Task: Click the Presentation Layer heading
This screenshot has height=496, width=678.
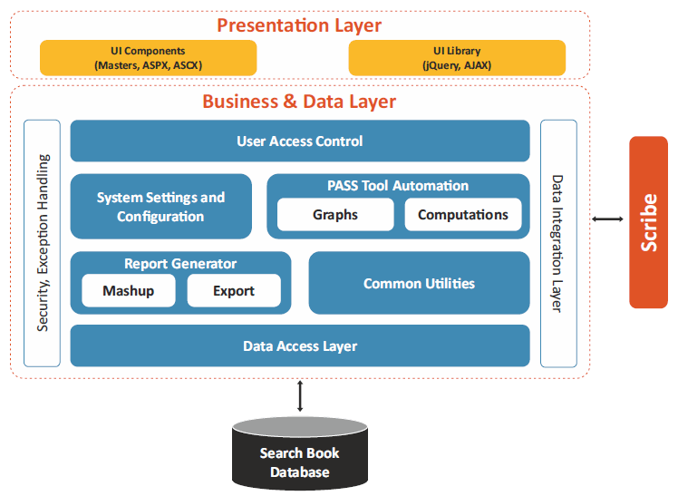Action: [299, 25]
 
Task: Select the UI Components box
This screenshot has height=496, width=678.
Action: [149, 58]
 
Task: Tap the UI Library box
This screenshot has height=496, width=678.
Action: [457, 58]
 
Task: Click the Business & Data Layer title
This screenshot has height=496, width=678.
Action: [299, 102]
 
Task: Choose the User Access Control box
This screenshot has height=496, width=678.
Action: [300, 141]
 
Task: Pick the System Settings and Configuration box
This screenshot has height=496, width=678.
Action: [160, 206]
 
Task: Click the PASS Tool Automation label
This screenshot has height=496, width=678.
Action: [398, 186]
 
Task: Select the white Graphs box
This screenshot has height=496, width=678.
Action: [335, 215]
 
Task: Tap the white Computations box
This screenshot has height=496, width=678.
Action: [463, 215]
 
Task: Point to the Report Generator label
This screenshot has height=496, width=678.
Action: [180, 263]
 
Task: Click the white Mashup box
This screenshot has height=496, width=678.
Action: [129, 290]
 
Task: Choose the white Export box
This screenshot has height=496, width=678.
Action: [234, 290]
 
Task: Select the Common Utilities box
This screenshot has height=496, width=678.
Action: [419, 283]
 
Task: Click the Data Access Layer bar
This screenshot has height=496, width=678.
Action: [300, 346]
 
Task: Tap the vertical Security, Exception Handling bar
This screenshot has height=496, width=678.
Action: [42, 243]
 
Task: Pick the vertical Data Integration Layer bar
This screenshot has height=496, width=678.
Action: [558, 243]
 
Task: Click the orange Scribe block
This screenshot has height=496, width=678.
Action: [649, 222]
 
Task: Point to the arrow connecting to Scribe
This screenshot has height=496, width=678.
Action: [607, 219]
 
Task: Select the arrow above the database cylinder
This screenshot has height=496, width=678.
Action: [300, 395]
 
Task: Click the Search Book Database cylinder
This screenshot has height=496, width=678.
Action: [300, 453]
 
